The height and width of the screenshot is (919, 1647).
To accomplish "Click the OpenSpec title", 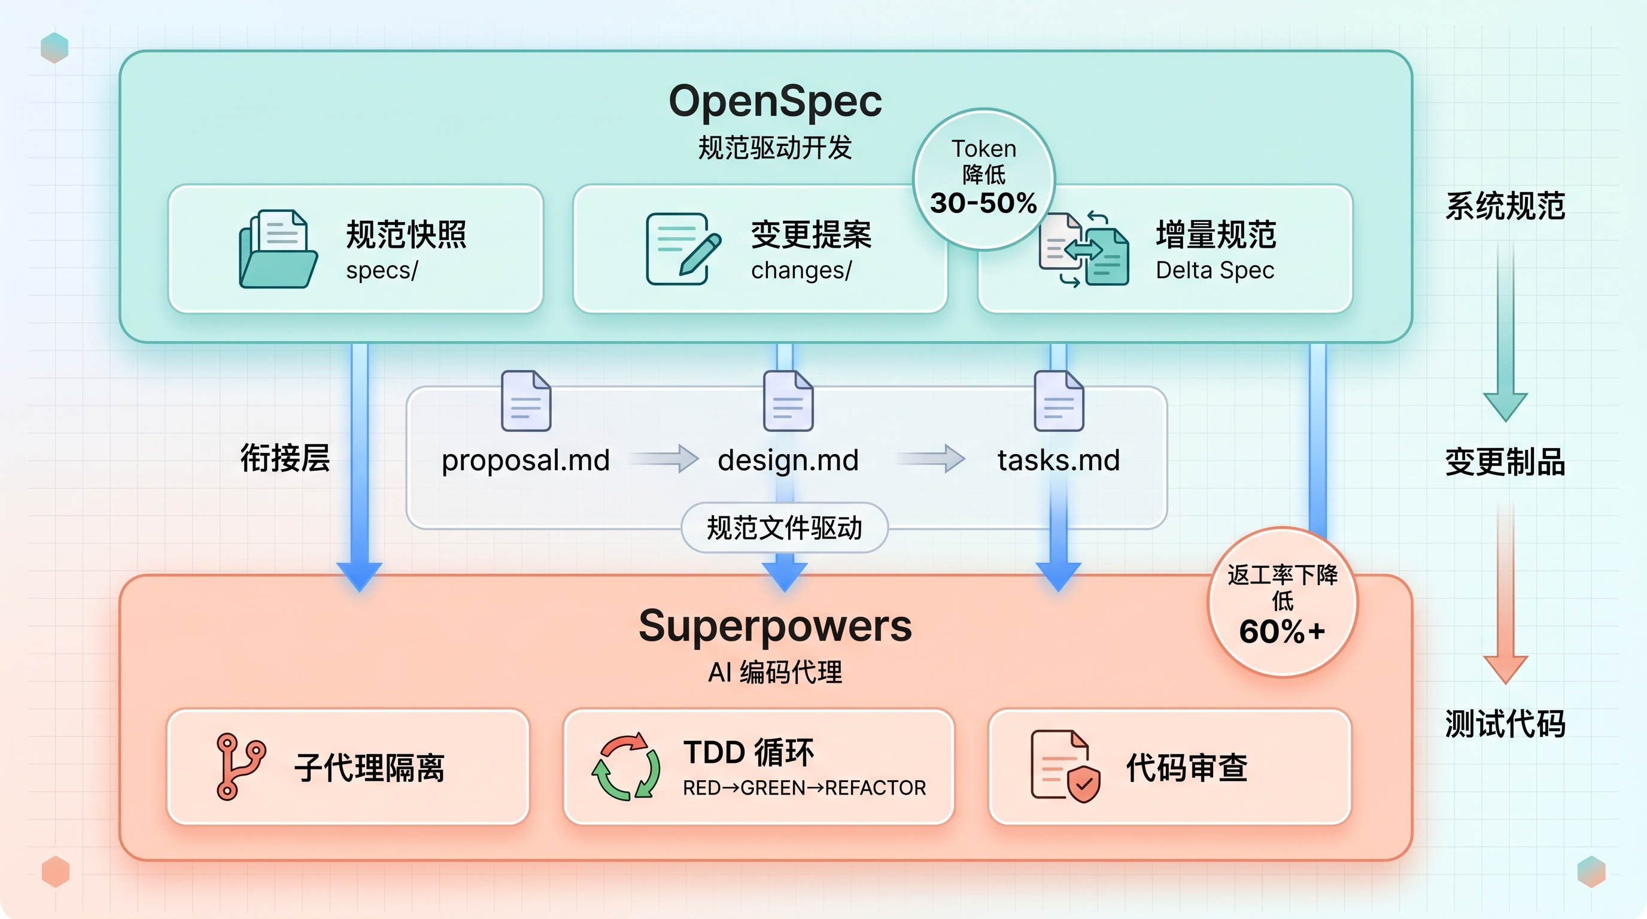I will [775, 102].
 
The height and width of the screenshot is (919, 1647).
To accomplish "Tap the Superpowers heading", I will [775, 626].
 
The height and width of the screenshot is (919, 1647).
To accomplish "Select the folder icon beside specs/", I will [278, 250].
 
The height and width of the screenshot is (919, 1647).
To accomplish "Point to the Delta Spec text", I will [1214, 270].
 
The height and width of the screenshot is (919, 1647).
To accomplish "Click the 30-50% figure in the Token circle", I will [983, 203].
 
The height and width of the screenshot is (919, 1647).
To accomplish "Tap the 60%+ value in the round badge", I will [1281, 631].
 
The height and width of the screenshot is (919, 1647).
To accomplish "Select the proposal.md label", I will [525, 460].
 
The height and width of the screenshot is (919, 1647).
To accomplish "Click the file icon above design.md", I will [788, 401].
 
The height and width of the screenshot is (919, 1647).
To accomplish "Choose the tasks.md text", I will [1058, 460].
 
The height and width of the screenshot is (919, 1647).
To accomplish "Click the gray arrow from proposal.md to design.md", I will [665, 458].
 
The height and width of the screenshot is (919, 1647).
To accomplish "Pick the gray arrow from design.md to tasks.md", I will [932, 458].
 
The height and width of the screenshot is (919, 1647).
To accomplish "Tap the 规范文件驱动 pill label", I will [784, 528].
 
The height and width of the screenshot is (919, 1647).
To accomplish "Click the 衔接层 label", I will [285, 458].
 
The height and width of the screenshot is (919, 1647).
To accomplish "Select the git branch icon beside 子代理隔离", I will [240, 766].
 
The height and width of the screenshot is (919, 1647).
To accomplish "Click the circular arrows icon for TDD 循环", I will [625, 766].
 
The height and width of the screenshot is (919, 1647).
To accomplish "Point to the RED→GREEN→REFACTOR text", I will [804, 788].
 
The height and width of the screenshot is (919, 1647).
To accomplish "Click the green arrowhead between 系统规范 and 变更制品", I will [1505, 405].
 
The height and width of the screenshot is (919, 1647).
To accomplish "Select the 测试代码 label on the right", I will [1505, 724].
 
